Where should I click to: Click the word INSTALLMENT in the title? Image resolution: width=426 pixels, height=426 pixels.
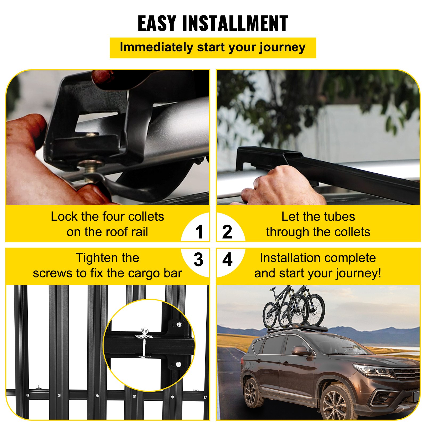(235, 23)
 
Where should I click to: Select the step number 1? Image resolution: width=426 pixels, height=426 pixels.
(199, 232)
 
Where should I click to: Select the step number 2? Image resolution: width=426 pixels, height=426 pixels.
(227, 232)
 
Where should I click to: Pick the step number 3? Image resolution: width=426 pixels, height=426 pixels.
(199, 260)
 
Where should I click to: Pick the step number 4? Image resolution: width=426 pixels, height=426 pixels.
(227, 260)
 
